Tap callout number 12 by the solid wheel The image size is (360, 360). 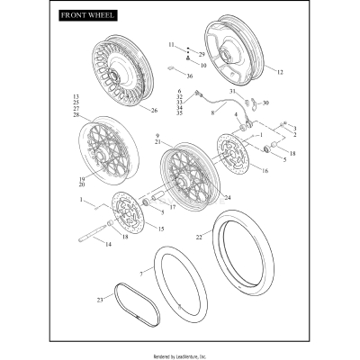279,71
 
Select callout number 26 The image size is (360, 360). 154,111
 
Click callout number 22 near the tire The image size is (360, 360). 199,237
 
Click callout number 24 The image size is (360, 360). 226,197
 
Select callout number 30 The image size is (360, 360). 265,103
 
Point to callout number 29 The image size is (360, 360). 202,55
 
